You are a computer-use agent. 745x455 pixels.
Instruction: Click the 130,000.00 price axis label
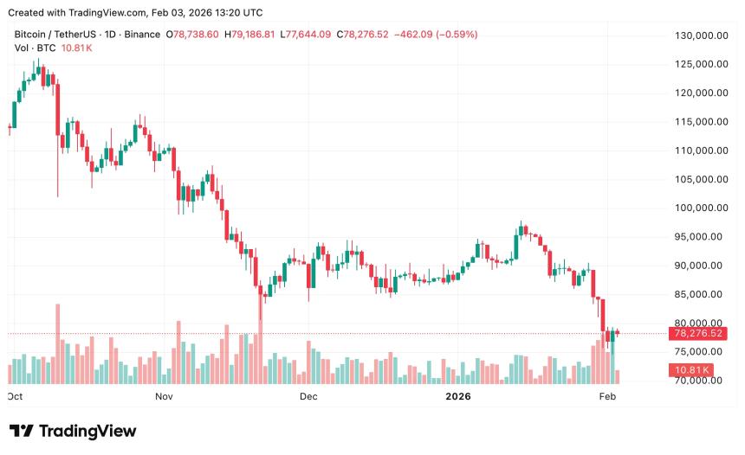tap(699, 35)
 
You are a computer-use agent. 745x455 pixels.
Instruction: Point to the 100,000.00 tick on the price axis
tap(699, 208)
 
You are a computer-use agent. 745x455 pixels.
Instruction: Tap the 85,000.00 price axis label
tap(699, 294)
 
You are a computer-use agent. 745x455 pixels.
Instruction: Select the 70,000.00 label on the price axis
tap(699, 381)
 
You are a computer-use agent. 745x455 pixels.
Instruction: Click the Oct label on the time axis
tap(15, 396)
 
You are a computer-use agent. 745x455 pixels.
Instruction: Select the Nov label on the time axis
tap(165, 396)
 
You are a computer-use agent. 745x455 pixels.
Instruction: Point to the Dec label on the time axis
tap(308, 396)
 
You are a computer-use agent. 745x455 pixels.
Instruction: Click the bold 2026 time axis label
tap(457, 396)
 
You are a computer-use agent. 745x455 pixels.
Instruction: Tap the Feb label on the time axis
tap(607, 396)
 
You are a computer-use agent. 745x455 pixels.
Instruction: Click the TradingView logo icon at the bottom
tap(23, 431)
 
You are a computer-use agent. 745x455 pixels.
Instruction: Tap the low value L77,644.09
tap(314, 35)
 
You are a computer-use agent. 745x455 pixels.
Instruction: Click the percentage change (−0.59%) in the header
tap(451, 35)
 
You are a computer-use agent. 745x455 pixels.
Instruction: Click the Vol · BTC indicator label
tap(33, 48)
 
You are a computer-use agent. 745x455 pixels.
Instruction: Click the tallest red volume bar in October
tap(58, 343)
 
